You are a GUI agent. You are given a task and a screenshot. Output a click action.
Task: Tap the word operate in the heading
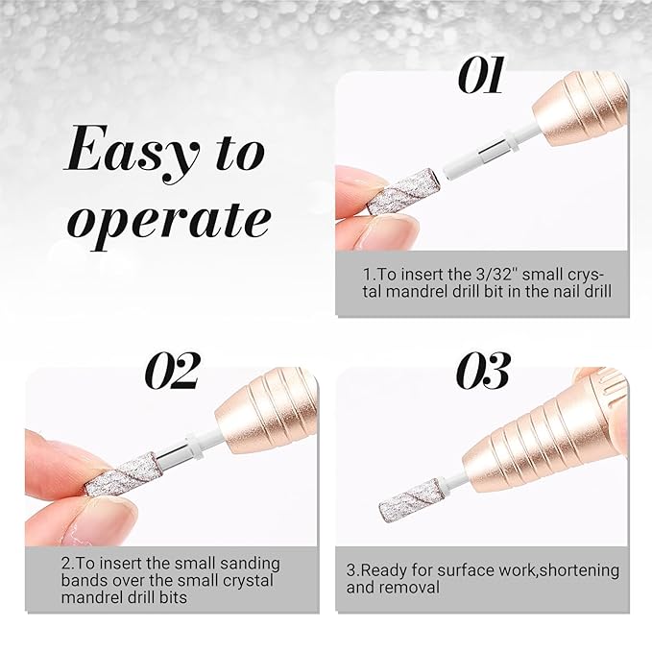point(169,220)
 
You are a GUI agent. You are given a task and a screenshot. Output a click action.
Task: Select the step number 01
point(481,75)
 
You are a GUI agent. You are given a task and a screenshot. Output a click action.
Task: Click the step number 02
point(172,371)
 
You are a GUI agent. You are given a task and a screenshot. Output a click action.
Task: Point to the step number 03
point(483,371)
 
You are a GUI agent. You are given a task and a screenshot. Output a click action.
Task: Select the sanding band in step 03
point(410,499)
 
